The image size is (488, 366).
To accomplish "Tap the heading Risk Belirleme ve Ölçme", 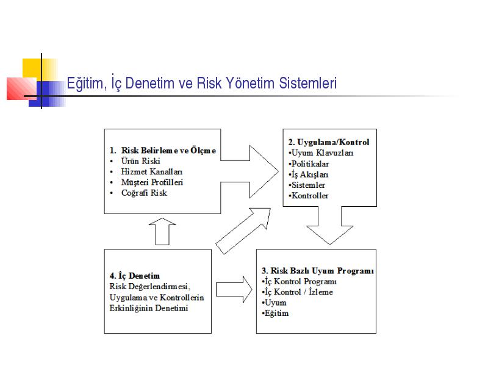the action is [x=168, y=150].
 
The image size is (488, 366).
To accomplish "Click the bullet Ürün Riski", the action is [x=140, y=161].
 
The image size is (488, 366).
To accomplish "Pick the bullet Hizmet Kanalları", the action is [x=151, y=171].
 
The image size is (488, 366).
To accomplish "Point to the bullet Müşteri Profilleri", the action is [x=152, y=182].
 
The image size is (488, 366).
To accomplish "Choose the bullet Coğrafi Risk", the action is [x=144, y=193].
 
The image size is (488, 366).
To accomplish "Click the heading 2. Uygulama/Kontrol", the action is [x=329, y=142].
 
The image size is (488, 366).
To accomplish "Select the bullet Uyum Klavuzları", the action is [x=321, y=153].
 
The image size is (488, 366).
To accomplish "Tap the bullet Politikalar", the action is [x=309, y=163].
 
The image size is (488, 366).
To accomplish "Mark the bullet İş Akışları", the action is [x=309, y=174].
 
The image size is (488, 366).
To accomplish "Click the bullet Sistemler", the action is [x=307, y=185].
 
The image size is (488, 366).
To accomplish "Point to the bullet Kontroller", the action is [x=309, y=196].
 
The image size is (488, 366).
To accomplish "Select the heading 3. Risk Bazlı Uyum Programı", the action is [x=317, y=271].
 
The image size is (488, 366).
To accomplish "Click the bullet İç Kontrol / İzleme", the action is [x=298, y=292].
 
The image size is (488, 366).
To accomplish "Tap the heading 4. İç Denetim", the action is [x=134, y=276].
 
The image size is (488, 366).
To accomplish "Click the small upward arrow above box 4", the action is [x=162, y=232].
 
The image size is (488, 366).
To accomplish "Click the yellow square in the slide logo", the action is [x=32, y=68].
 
